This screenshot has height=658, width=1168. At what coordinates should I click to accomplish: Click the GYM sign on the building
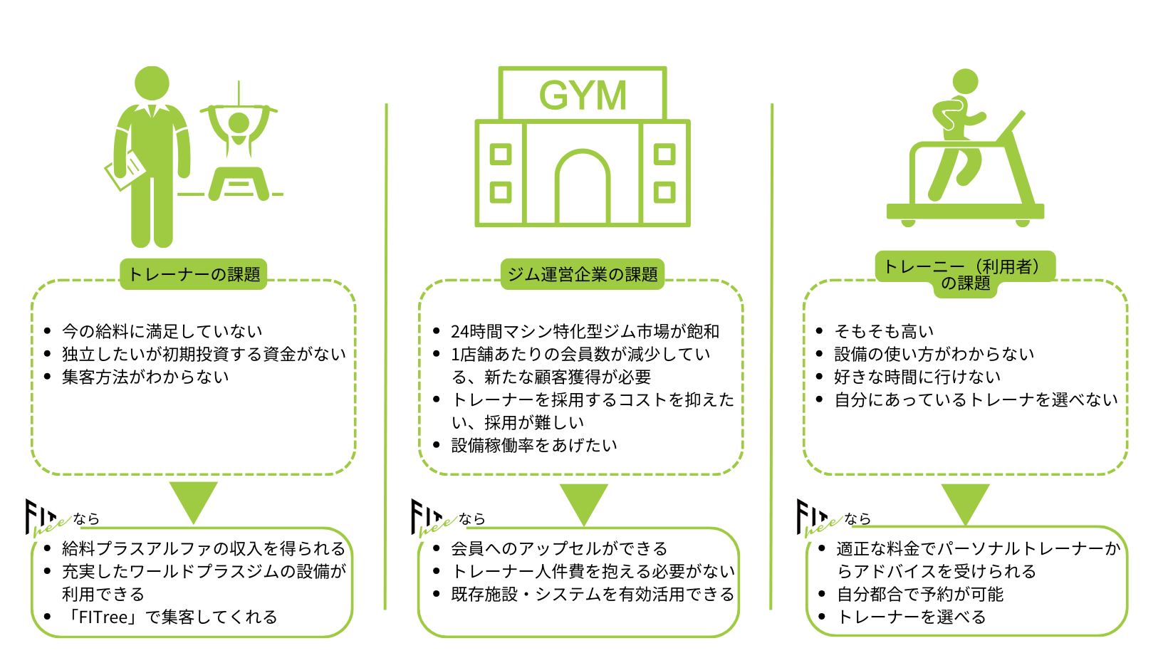[x=583, y=95]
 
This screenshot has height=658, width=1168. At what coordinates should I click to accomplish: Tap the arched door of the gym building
[x=583, y=189]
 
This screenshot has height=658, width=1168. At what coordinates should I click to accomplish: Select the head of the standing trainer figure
[x=152, y=83]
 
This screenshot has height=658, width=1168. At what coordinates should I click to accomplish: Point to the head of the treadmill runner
[x=965, y=82]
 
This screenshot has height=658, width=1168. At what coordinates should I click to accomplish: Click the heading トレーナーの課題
[x=194, y=274]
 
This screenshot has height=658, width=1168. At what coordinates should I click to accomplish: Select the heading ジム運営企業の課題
[x=583, y=274]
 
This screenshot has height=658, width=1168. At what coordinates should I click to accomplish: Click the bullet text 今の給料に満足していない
[x=162, y=331]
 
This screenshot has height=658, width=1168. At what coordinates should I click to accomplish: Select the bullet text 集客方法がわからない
[x=145, y=377]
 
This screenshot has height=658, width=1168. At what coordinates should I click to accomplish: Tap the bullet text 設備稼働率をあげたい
[x=534, y=445]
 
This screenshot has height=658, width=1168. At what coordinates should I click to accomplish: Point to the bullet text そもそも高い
[x=884, y=331]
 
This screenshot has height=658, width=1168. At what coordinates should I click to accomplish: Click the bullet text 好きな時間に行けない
[x=917, y=377]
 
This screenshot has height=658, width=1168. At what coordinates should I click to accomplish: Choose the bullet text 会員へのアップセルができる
[x=559, y=548]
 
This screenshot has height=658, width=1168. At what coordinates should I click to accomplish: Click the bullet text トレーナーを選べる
[x=912, y=617]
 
